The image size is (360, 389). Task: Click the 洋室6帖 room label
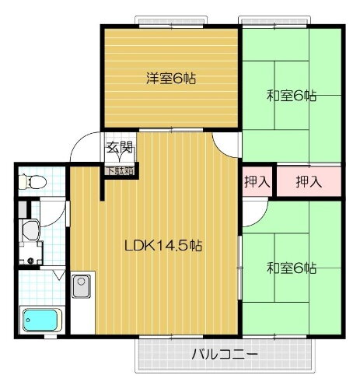click(170, 78)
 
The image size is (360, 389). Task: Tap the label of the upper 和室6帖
click(291, 96)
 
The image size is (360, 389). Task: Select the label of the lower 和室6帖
click(291, 268)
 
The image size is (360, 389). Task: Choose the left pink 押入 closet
click(257, 182)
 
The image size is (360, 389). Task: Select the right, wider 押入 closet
click(309, 182)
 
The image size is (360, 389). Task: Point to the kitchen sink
click(82, 288)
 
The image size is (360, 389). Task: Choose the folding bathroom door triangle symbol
click(58, 275)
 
